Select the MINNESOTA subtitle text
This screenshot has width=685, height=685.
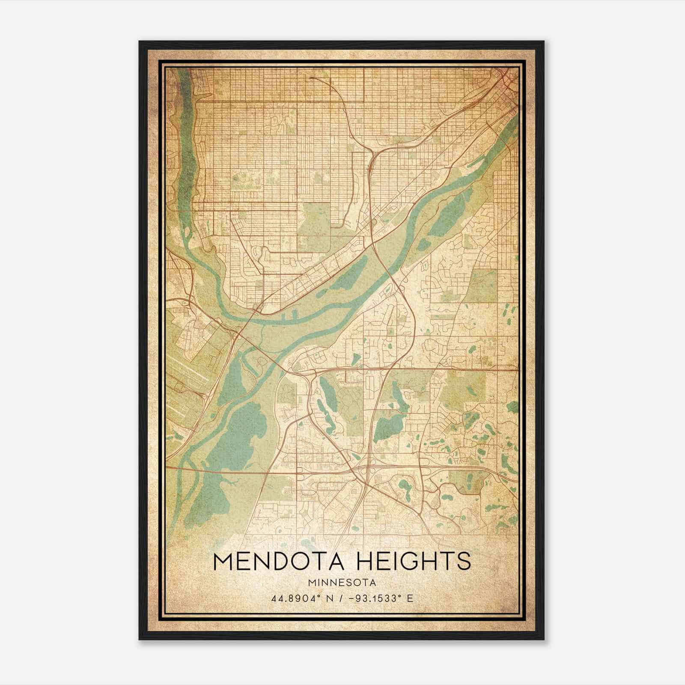tap(342, 583)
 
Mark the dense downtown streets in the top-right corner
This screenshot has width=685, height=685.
tap(505, 81)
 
